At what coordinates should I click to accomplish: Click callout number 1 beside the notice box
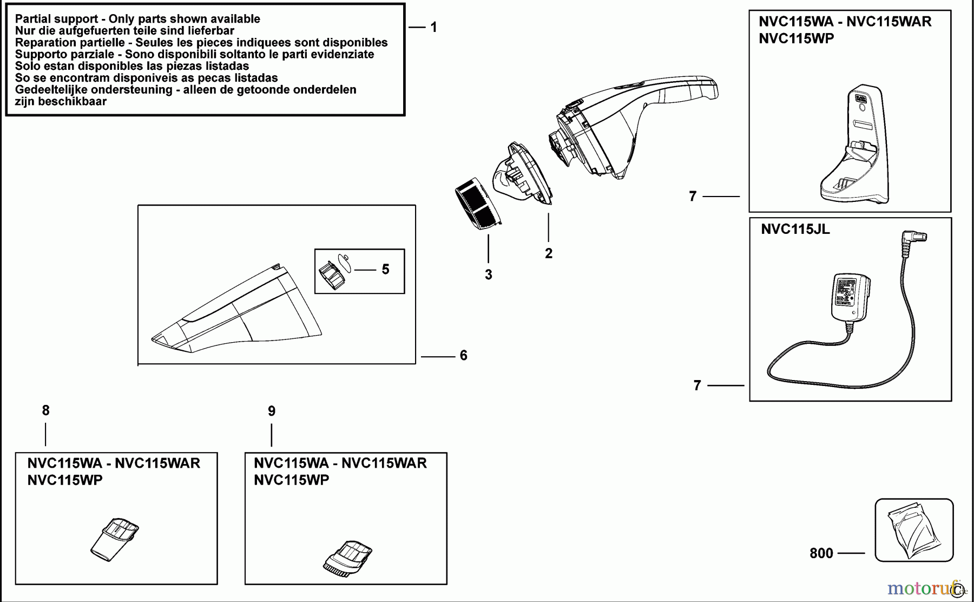pos(433,27)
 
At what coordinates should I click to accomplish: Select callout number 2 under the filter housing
pos(549,253)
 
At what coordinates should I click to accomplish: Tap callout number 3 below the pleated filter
pos(489,275)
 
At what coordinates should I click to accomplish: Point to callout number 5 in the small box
pos(385,269)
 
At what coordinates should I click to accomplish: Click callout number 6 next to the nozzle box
pos(463,356)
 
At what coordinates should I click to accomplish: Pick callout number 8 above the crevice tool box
pos(45,411)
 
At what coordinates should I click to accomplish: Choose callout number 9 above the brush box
pos(272,411)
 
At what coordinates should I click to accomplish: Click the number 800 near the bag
pos(821,553)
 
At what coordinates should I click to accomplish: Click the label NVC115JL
pos(795,229)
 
